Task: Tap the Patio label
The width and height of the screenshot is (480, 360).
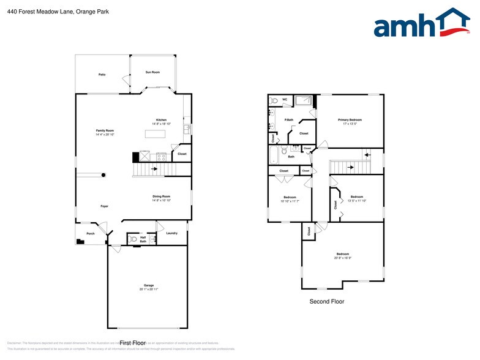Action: pyautogui.click(x=102, y=75)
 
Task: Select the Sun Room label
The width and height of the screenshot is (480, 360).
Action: pyautogui.click(x=152, y=72)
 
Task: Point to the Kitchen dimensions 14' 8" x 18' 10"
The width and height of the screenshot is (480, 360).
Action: pyautogui.click(x=161, y=124)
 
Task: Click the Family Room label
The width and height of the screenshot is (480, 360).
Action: pyautogui.click(x=105, y=130)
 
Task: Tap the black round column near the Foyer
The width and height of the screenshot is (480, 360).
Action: pyautogui.click(x=103, y=175)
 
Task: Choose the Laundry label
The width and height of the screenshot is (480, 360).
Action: pyautogui.click(x=171, y=233)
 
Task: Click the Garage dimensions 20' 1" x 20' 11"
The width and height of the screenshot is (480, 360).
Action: pyautogui.click(x=148, y=289)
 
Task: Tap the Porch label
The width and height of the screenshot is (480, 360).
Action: pyautogui.click(x=90, y=233)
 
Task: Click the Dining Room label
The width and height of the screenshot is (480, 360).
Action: pyautogui.click(x=162, y=196)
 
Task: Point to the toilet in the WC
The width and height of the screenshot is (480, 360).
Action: pyautogui.click(x=275, y=100)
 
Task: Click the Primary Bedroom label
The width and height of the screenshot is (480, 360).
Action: pyautogui.click(x=350, y=119)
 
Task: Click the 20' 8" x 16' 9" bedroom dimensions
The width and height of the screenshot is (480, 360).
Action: pyautogui.click(x=342, y=258)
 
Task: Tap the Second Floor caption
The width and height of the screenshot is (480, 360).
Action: pyautogui.click(x=327, y=301)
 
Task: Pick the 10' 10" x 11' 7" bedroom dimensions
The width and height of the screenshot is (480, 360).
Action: pyautogui.click(x=290, y=201)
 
